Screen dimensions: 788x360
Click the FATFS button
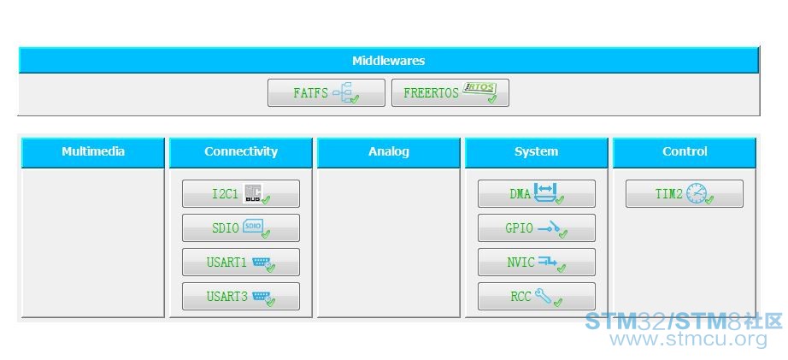[x=326, y=92]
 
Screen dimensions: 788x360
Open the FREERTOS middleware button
[x=450, y=92]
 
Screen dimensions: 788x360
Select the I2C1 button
[x=241, y=193]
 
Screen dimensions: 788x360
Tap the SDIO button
[x=241, y=227]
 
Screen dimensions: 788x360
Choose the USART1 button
[x=241, y=262]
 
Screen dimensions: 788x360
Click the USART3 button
[x=241, y=296]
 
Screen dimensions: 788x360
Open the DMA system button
[x=536, y=193]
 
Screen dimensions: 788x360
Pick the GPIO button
[x=536, y=227]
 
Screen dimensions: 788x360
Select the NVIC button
[x=536, y=262]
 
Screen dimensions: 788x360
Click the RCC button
[x=536, y=296]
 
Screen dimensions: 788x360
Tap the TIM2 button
[x=684, y=193]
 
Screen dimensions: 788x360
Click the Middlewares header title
[x=389, y=61]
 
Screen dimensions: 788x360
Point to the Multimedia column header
[x=93, y=152]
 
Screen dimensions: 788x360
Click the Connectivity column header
[x=241, y=152]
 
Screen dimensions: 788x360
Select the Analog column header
[x=389, y=152]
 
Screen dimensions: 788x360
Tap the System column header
[x=536, y=152]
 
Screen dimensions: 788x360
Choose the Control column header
[x=684, y=152]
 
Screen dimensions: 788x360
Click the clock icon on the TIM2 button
[x=697, y=193]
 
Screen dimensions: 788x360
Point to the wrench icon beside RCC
[x=544, y=295]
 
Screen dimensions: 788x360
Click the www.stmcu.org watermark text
[x=689, y=339]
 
